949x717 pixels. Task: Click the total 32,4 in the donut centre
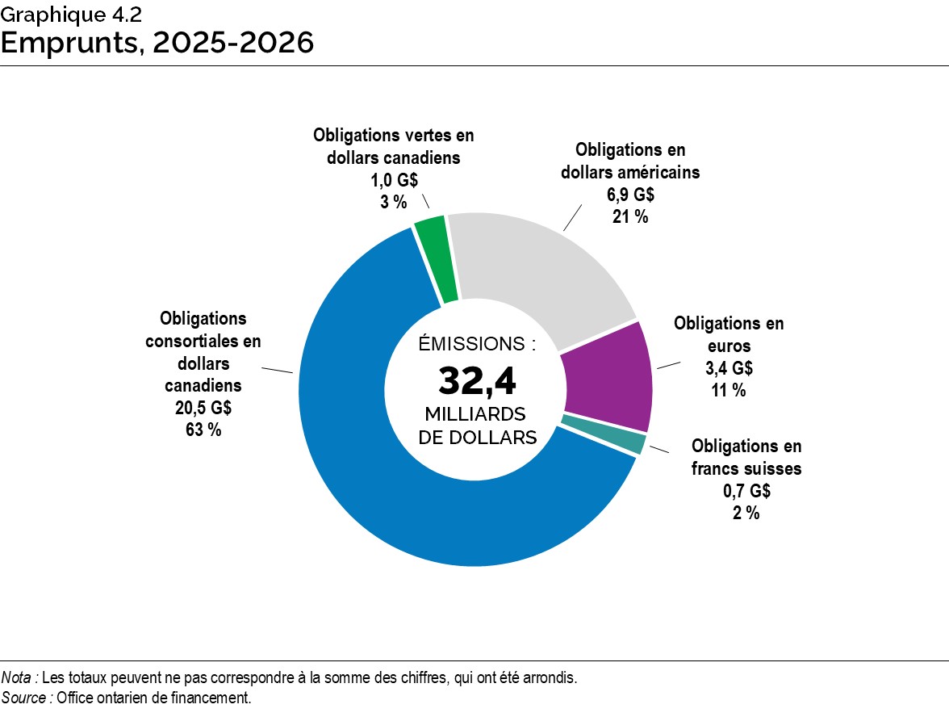pos(477,381)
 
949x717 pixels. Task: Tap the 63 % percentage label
pos(203,430)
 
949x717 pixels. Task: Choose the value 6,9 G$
pos(630,195)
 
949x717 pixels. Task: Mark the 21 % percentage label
pos(630,216)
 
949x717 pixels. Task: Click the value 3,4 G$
pos(729,368)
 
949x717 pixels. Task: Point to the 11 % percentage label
pos(729,389)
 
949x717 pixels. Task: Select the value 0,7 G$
pos(746,491)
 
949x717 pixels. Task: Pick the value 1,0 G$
pos(394,180)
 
